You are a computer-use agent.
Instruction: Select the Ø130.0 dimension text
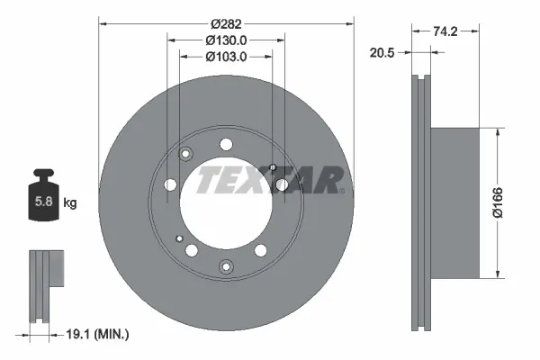coord(226,40)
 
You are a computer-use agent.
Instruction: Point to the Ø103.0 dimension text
coord(226,57)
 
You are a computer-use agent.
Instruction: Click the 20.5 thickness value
coord(384,53)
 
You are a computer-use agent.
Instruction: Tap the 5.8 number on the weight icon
coord(43,202)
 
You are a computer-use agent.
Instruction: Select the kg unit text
coord(70,202)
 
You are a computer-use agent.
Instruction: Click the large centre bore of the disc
coord(225,202)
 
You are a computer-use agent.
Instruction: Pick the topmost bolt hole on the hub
coord(225,142)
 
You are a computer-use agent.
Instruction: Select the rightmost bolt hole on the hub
coord(283,184)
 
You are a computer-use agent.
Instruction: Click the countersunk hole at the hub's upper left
coord(186,154)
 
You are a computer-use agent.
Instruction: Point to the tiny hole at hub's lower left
coord(181,238)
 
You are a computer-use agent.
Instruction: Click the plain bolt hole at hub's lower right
coord(261,251)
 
